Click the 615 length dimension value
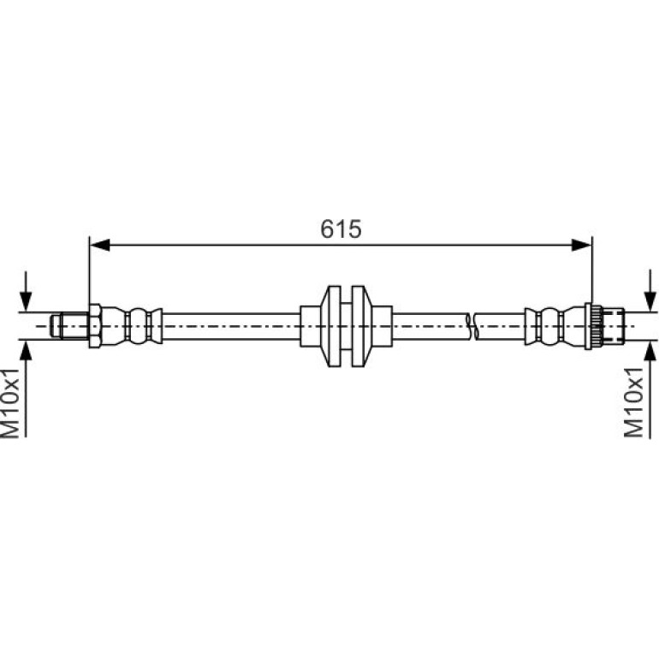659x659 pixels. click(341, 229)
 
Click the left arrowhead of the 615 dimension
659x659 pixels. click(100, 245)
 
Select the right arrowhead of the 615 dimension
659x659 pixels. click(582, 245)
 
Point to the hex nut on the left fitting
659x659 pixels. click(95, 326)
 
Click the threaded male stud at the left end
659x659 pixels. click(70, 326)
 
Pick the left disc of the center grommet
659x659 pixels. click(334, 326)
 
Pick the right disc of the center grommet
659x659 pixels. click(359, 326)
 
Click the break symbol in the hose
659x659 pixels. click(472, 326)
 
